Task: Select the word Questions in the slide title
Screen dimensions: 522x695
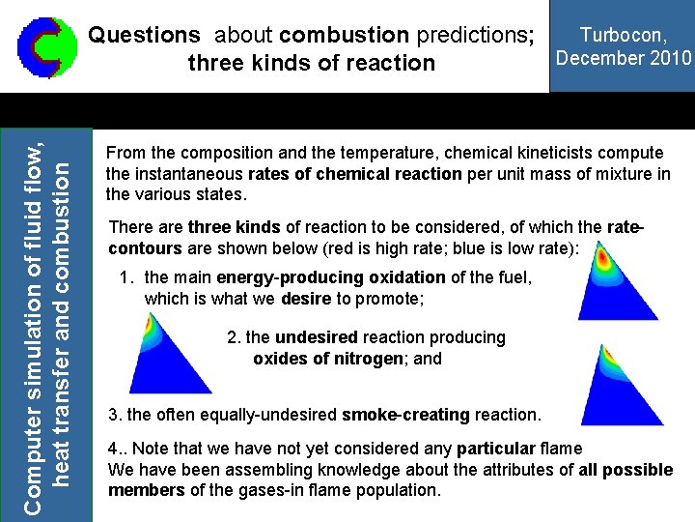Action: [x=144, y=36]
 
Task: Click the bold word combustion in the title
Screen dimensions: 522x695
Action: [x=344, y=36]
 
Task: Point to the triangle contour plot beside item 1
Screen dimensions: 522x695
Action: [x=604, y=284]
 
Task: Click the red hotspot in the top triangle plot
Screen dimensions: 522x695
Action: [x=604, y=258]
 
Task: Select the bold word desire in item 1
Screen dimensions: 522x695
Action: [x=307, y=299]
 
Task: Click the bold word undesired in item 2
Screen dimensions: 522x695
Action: [x=317, y=337]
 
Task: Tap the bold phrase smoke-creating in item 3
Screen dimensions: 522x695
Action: [x=406, y=415]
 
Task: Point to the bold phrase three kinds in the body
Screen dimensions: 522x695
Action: [x=235, y=227]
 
